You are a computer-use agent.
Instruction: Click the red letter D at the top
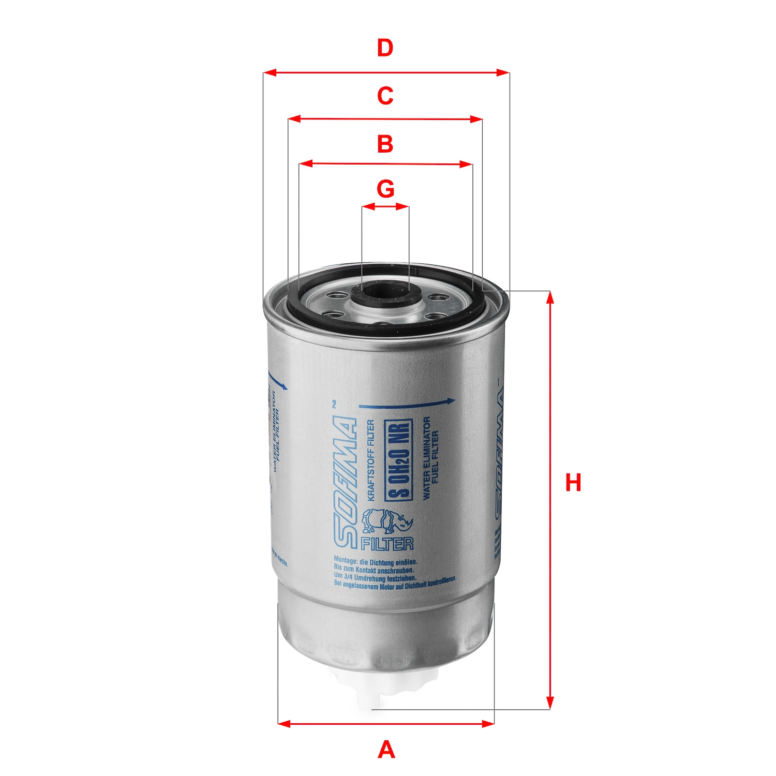click(385, 48)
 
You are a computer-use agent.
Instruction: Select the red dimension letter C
click(385, 96)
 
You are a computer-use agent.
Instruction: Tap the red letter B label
click(385, 144)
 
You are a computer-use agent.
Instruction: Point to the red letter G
click(385, 189)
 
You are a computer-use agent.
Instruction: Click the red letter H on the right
click(573, 483)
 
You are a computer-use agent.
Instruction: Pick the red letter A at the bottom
click(386, 750)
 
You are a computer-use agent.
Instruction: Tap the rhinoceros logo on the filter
click(387, 521)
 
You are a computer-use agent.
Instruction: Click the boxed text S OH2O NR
click(399, 459)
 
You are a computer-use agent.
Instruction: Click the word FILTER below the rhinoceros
click(387, 544)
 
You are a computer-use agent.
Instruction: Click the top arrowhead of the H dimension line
click(550, 296)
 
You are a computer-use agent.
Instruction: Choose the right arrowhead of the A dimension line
click(489, 723)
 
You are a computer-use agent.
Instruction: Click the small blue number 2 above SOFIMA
click(334, 404)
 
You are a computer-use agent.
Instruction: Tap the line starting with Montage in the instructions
click(375, 561)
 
